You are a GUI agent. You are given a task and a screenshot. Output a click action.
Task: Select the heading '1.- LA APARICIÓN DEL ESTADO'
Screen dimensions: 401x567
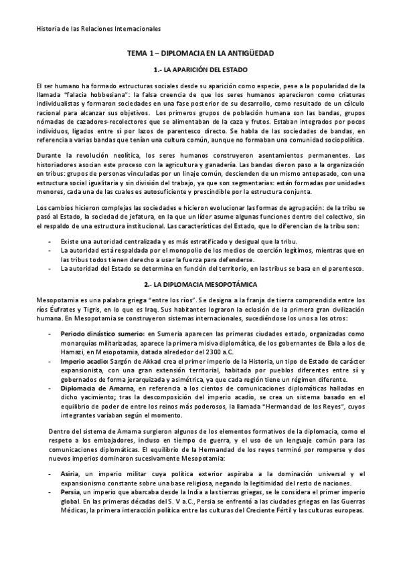pyautogui.click(x=200, y=70)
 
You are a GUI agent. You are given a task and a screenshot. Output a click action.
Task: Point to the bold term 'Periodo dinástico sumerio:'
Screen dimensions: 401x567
pyautogui.click(x=102, y=332)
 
